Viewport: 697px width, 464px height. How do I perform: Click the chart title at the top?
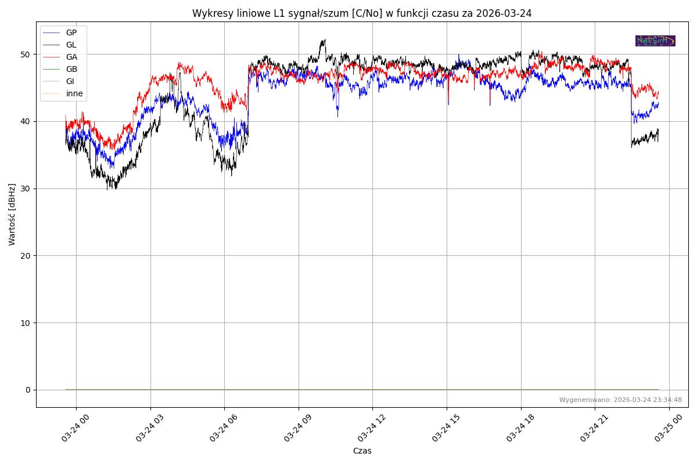pos(362,13)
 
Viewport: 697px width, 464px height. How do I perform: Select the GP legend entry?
pos(71,32)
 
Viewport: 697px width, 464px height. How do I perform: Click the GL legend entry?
pos(71,45)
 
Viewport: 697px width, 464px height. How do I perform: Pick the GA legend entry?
pos(71,57)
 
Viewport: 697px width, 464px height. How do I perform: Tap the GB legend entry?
pos(71,69)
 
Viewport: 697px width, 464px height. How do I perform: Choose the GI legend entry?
pos(70,81)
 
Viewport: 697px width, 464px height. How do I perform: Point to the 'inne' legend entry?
pos(74,93)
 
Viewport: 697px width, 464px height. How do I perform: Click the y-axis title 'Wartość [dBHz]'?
pos(12,214)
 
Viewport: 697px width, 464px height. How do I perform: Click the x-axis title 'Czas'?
pos(362,451)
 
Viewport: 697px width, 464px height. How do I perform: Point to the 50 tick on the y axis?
pos(26,55)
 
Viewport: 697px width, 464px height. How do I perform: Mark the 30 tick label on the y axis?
pos(26,188)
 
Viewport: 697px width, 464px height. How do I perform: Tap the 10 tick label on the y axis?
pos(26,322)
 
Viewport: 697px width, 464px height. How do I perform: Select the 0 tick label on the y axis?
pos(27,390)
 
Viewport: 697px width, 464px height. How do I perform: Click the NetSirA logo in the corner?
pos(655,41)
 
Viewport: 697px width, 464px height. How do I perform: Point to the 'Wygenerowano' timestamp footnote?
pos(620,400)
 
